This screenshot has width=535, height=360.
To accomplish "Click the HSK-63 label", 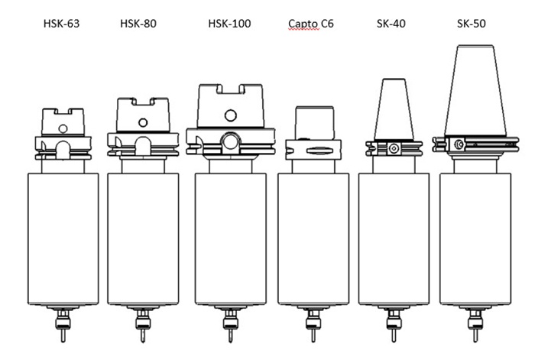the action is [61, 24].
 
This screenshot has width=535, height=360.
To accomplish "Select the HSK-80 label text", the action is [138, 24].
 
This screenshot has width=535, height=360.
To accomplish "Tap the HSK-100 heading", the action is [229, 24].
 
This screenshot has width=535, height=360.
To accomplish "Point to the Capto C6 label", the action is [311, 24].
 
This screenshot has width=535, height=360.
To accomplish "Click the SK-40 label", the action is [391, 24].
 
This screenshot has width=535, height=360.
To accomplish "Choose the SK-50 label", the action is [472, 24].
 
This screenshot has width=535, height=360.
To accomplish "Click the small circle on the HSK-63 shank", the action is [63, 128].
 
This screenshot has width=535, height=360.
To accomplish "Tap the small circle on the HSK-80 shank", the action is [143, 122].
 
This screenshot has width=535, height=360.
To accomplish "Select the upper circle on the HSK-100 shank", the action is [231, 115].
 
